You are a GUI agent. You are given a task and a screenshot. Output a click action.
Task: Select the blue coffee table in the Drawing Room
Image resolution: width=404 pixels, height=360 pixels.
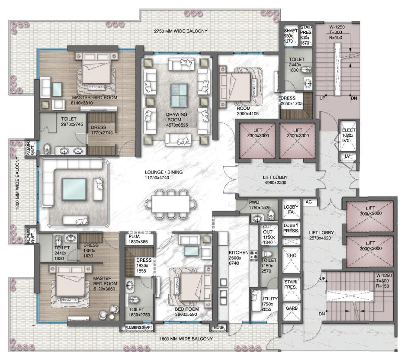click(x=179, y=94)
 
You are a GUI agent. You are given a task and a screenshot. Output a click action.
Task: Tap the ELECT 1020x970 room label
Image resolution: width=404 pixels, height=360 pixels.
click(x=349, y=135)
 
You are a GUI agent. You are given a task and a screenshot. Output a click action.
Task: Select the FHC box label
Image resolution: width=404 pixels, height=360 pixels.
click(x=291, y=255)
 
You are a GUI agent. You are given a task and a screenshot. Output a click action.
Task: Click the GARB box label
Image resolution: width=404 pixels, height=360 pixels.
click(x=291, y=309)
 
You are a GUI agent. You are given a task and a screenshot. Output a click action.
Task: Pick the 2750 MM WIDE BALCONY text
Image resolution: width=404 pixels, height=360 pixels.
click(x=181, y=31)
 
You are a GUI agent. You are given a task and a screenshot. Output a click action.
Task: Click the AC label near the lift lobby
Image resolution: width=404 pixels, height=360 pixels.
click(x=309, y=202)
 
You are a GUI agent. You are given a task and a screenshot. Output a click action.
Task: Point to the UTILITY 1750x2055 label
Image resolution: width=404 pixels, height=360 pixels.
click(x=269, y=302)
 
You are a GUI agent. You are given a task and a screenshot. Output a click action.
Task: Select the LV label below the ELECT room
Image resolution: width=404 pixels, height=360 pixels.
click(x=347, y=156)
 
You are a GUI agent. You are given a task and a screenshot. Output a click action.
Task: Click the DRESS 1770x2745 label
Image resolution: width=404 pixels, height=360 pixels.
click(x=102, y=131)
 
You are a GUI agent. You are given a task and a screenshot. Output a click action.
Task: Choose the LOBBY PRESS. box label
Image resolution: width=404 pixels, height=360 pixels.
click(x=291, y=228)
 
